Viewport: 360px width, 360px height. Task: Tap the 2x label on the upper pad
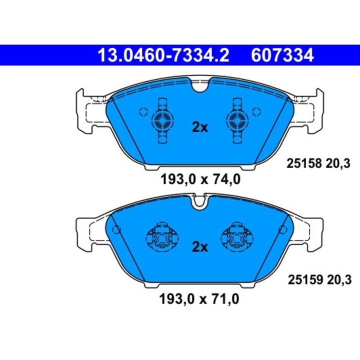tap(199, 127)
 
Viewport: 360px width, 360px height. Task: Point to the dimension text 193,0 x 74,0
tap(199, 178)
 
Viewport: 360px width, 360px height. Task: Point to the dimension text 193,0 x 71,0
tap(199, 299)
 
